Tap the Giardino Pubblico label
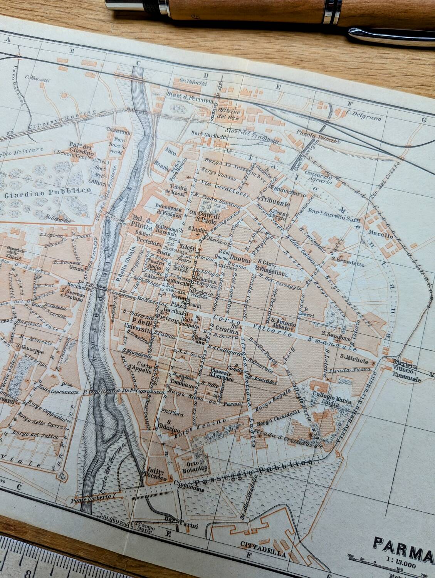[48, 191]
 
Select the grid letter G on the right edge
[424, 120]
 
